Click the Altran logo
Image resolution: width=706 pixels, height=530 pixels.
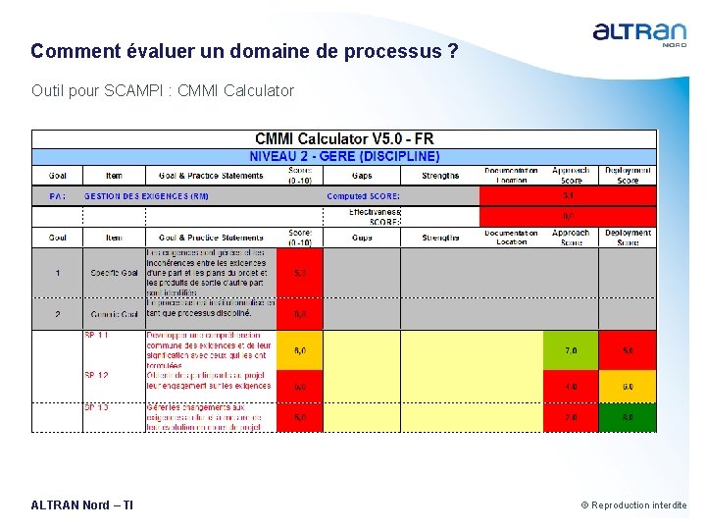point(639,33)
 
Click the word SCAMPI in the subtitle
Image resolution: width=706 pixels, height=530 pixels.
point(129,90)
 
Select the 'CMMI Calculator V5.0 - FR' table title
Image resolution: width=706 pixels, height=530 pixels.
point(343,139)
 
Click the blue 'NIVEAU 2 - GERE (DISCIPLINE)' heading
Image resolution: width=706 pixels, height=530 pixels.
point(344,156)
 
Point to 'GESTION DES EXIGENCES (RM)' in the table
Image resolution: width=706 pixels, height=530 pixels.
point(146,195)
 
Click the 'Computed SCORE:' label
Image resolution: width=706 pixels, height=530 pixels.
point(363,195)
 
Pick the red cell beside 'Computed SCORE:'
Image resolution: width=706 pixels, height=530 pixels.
point(568,195)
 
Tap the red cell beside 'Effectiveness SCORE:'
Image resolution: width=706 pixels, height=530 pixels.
point(568,216)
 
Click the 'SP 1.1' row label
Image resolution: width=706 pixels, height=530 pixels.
point(96,336)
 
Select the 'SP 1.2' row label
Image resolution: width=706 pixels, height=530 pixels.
point(96,376)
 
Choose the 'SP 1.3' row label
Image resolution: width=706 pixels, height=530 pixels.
point(96,407)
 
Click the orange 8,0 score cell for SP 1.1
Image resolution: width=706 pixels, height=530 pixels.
point(299,349)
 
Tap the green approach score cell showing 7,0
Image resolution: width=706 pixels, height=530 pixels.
point(571,349)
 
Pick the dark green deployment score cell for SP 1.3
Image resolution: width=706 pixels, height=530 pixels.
point(628,417)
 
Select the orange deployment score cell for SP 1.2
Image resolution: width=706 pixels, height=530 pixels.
point(628,386)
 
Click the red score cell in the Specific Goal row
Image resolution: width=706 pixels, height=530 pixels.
point(299,272)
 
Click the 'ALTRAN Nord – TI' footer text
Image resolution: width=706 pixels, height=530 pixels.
point(82,505)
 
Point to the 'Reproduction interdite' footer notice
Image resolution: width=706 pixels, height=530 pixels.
point(638,505)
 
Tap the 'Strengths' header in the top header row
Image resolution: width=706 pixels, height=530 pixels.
point(440,176)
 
